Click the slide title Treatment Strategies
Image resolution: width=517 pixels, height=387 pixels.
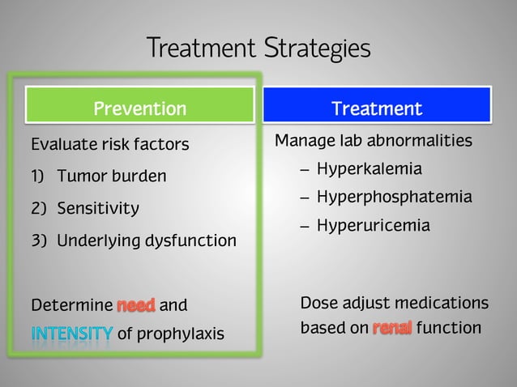point(258,48)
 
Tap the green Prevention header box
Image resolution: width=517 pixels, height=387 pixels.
point(139,108)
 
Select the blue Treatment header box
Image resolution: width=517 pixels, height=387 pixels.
point(377,108)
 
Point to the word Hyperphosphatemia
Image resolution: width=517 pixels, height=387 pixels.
point(394,198)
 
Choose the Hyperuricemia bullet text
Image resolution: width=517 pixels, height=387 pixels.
point(373,226)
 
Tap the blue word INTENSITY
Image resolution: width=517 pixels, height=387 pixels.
point(72,334)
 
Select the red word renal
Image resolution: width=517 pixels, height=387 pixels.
point(392,329)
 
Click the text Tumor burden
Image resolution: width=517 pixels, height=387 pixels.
point(112,176)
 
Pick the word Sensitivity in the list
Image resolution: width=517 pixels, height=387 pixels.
point(98,209)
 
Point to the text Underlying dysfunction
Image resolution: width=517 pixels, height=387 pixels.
point(147,241)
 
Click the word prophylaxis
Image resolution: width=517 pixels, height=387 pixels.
point(182,334)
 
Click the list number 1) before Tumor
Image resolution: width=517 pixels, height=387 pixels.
point(38,176)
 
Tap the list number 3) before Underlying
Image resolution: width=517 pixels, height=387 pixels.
point(38,241)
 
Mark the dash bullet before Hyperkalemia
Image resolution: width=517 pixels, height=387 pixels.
point(304,171)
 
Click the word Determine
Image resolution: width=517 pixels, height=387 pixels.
point(71,306)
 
